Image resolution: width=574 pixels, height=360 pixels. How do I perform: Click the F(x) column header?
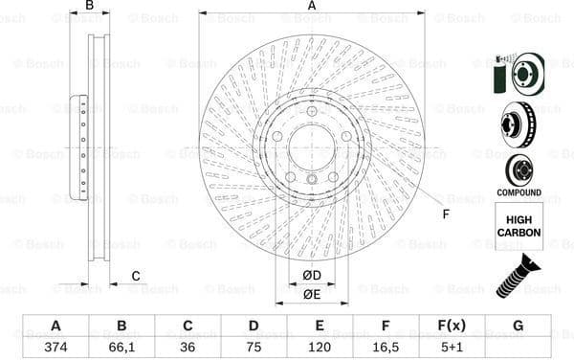[x=452, y=326]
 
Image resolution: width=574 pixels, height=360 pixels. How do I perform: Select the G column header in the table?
[x=518, y=326]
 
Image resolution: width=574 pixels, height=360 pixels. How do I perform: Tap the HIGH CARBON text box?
[x=519, y=226]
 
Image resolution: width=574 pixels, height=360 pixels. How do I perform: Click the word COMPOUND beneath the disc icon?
[x=519, y=192]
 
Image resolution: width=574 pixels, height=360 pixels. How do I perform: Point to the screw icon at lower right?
[x=519, y=275]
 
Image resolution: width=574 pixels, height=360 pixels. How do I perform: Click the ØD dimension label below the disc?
[x=311, y=277]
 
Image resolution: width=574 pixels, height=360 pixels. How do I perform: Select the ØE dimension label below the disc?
[x=311, y=294]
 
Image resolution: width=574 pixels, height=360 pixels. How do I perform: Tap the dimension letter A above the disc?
[x=312, y=6]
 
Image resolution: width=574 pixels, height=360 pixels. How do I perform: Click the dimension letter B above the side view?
[x=90, y=6]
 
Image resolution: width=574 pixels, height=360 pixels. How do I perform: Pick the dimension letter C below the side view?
[x=136, y=276]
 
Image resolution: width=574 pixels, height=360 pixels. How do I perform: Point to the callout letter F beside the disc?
[x=445, y=213]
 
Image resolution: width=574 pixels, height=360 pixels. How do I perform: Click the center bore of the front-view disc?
[x=312, y=148]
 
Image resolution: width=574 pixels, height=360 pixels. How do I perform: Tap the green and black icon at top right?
[x=504, y=74]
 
